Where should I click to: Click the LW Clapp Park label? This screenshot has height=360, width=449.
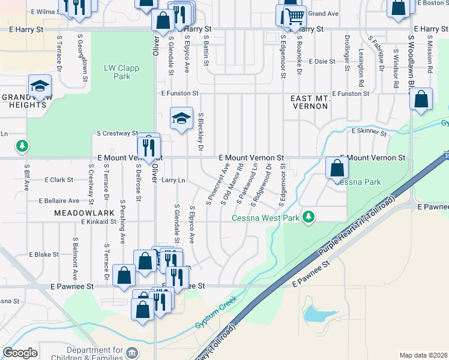[x=121, y=72]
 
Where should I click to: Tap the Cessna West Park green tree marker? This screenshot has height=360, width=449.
[x=309, y=216]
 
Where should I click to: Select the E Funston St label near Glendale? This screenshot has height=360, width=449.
[x=179, y=94]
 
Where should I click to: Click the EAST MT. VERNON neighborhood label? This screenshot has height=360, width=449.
[x=309, y=101]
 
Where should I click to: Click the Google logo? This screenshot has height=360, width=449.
[x=20, y=353]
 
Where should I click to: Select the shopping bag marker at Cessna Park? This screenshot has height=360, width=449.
[x=336, y=167]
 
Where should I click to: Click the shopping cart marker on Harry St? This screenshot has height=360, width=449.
[x=292, y=17]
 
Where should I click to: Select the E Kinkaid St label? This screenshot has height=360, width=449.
[x=99, y=221]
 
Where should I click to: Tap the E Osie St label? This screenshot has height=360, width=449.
[x=322, y=61]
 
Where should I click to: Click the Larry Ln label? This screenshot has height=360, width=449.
[x=173, y=179]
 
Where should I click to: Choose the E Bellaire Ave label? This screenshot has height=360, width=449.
[x=58, y=201]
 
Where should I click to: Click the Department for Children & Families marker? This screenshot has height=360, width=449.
[x=133, y=351]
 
